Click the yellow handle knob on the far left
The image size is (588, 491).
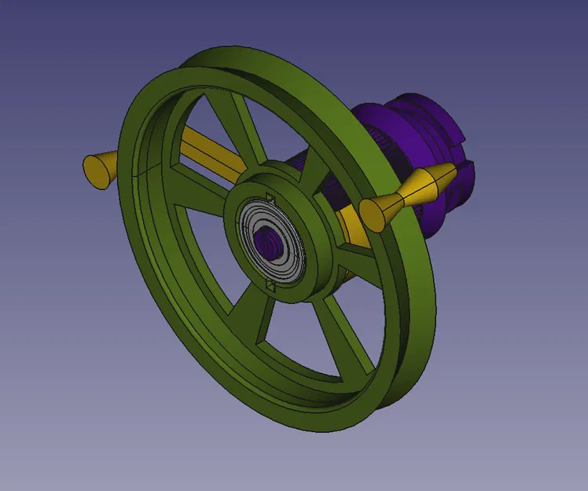click(x=98, y=168)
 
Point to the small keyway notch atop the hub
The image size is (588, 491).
click(x=269, y=196)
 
